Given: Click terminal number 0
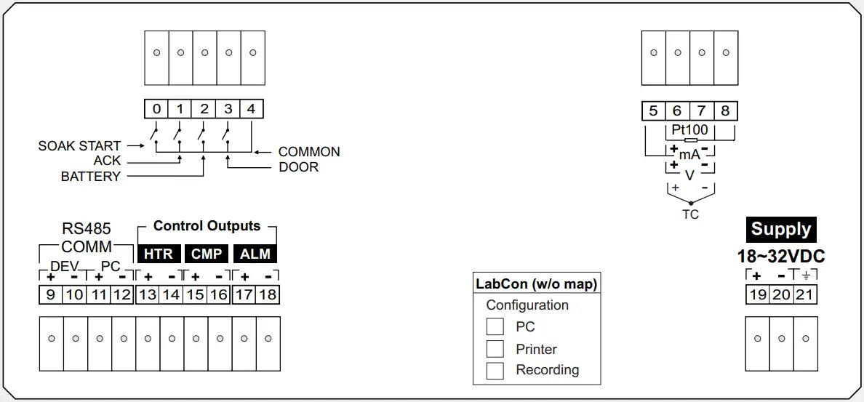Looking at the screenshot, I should point(156,109).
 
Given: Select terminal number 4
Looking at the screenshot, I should point(251,109).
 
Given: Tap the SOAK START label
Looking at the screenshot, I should point(80,146).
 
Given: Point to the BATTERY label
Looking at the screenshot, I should point(91,177).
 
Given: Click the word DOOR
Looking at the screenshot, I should point(299,167).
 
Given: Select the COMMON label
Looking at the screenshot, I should point(309,152).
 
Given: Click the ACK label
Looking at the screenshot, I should point(107,161).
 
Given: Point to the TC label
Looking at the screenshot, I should point(690,214).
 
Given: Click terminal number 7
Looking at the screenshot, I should point(701,110).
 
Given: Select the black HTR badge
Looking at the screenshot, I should point(159,254).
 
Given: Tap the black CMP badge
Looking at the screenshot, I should point(206,254).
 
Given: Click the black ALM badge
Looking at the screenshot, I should point(255,254).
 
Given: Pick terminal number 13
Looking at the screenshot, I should point(148,294).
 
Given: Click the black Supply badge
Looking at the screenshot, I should point(781,229).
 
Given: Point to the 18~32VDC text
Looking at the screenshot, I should point(781,257).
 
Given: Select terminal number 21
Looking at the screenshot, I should point(804,294).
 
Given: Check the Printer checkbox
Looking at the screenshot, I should point(495,349).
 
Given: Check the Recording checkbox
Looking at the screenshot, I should point(495,370).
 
